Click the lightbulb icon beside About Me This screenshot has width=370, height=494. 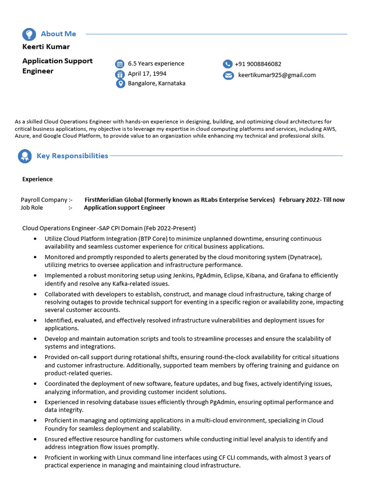pos(29,34)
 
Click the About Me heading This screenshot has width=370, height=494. pos(58,34)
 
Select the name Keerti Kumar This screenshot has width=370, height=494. pos(46,47)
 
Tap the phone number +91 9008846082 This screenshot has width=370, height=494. pos(258,64)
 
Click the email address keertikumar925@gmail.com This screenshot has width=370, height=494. pos(277,75)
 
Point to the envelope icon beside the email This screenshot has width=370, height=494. pos(228,75)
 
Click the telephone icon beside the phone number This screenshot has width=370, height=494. pos(228,64)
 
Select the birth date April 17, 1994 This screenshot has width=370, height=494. pos(147,74)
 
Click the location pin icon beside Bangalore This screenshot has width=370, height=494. pos(120,83)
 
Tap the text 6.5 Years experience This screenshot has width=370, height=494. pos(156,64)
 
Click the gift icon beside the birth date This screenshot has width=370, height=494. pos(120,74)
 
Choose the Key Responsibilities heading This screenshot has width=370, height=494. pos(72,156)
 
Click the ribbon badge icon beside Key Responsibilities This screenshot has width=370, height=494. pos(25,156)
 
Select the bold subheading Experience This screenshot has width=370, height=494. pos(38,179)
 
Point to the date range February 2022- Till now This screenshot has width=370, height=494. pos(312,200)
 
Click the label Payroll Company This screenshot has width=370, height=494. pos(44,200)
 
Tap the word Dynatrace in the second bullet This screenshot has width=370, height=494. pos(304,257)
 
